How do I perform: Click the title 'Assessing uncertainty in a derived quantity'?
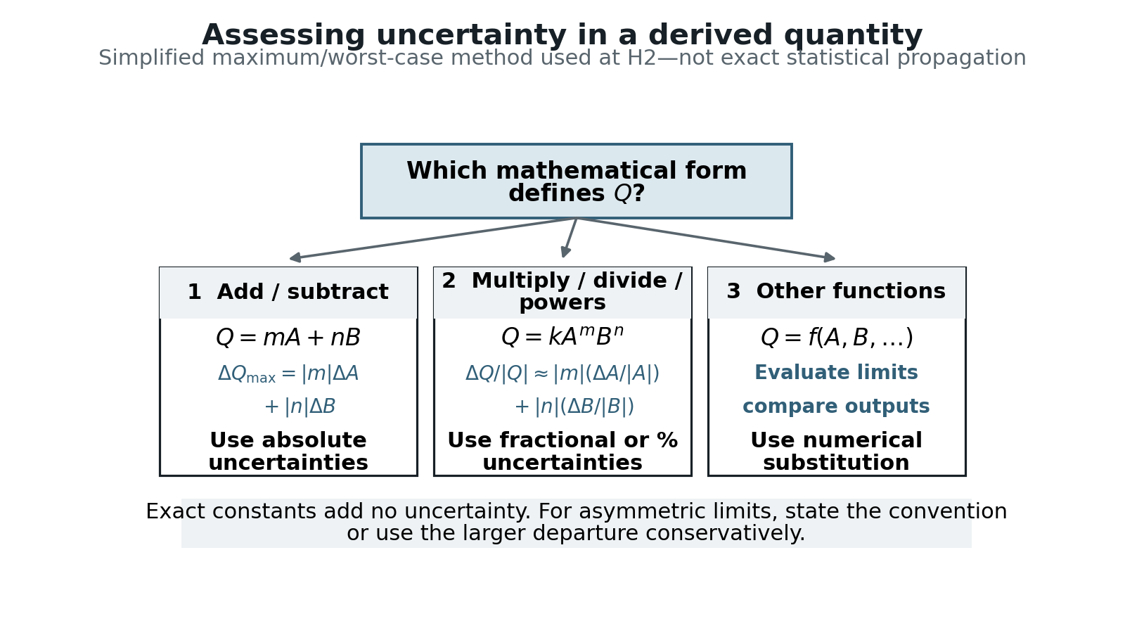562,36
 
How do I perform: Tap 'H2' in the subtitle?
642,58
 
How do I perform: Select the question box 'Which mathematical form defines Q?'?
577,181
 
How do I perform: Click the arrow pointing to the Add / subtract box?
433,238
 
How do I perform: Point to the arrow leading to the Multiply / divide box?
570,238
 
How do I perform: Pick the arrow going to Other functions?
706,238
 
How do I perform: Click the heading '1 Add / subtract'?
288,292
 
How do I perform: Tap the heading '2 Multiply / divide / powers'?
562,291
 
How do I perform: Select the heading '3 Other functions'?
836,291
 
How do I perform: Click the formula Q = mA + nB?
288,338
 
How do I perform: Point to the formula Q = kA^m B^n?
562,337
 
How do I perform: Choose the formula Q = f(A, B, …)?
837,338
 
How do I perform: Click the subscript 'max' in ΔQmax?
261,378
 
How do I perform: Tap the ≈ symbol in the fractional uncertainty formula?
541,373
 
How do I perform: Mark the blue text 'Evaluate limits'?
836,373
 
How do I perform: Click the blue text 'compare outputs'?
836,407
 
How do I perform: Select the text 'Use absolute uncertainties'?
288,451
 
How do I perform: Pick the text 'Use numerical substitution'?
836,451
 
